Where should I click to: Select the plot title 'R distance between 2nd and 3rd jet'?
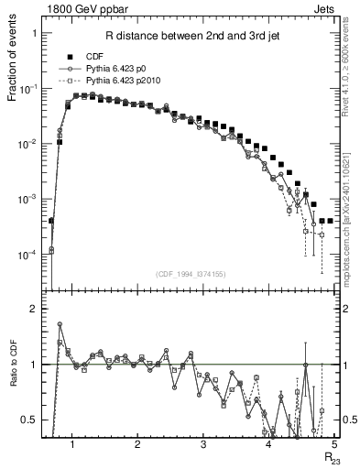coord(194,37)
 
